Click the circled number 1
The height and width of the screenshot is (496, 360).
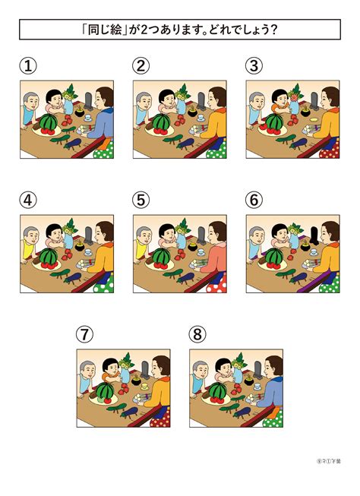28,66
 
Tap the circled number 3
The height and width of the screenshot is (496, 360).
254,66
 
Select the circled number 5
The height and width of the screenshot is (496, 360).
141,201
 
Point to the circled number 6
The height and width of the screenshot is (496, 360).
254,201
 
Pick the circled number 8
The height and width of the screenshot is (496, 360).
197,334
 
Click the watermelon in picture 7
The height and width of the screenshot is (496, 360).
106,391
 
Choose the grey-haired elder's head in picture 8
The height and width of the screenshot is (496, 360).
200,370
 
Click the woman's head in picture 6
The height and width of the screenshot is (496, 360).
328,231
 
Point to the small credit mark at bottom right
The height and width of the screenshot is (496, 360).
328,461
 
